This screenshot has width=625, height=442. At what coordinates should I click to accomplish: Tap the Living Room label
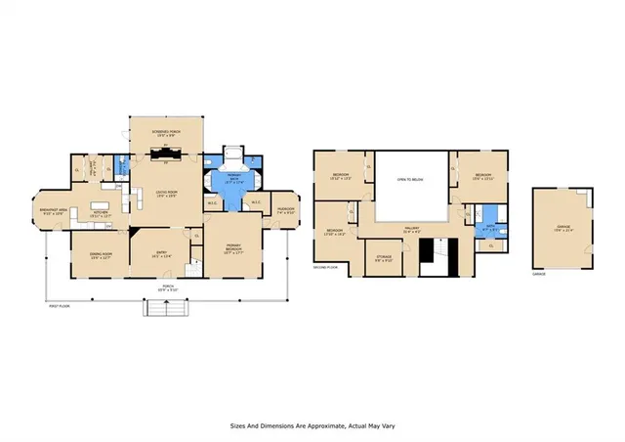[x=166, y=193]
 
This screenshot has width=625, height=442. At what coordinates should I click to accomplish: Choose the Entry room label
[x=162, y=253]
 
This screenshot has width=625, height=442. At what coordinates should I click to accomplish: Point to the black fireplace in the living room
[x=166, y=154]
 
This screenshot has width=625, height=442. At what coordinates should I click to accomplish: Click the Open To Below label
[x=409, y=180]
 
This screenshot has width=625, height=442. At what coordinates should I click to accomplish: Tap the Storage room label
[x=384, y=259]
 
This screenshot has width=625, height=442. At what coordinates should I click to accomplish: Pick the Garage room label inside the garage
[x=563, y=227]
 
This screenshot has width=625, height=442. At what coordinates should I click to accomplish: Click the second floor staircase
[x=433, y=256]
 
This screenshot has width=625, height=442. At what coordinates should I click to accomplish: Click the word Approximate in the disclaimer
[x=322, y=426]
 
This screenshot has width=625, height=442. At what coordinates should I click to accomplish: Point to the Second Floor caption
[x=325, y=267]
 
